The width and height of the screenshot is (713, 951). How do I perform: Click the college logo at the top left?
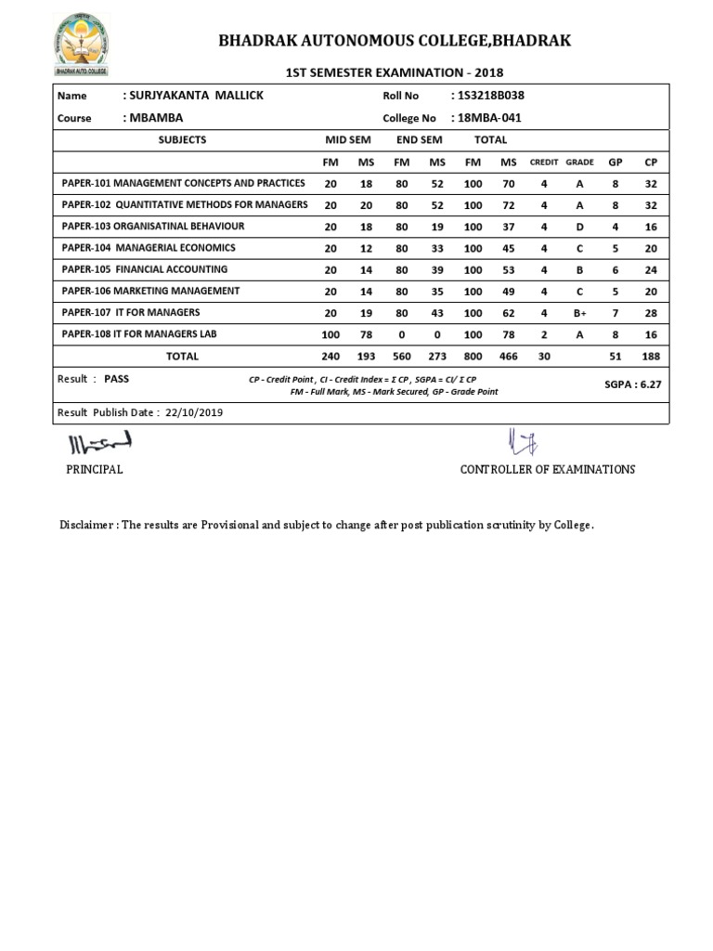80,45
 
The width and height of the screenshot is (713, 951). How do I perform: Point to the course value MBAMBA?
153,118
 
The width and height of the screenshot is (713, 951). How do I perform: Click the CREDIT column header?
544,163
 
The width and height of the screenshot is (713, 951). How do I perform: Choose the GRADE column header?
579,163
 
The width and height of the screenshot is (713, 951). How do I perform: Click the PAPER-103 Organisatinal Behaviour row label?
153,227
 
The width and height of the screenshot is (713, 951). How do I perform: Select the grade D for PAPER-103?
579,227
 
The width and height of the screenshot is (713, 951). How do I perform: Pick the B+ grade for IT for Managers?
579,313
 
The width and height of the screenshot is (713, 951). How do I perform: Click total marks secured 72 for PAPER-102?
508,205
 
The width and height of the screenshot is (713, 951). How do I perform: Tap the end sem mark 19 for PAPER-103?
437,227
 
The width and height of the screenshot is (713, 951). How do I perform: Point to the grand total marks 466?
508,357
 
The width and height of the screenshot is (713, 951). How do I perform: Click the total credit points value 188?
651,357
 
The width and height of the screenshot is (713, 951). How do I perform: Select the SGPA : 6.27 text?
632,384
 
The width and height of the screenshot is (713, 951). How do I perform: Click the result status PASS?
117,379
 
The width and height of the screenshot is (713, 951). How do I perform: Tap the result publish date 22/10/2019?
194,412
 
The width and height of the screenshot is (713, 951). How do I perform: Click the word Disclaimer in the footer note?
87,525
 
